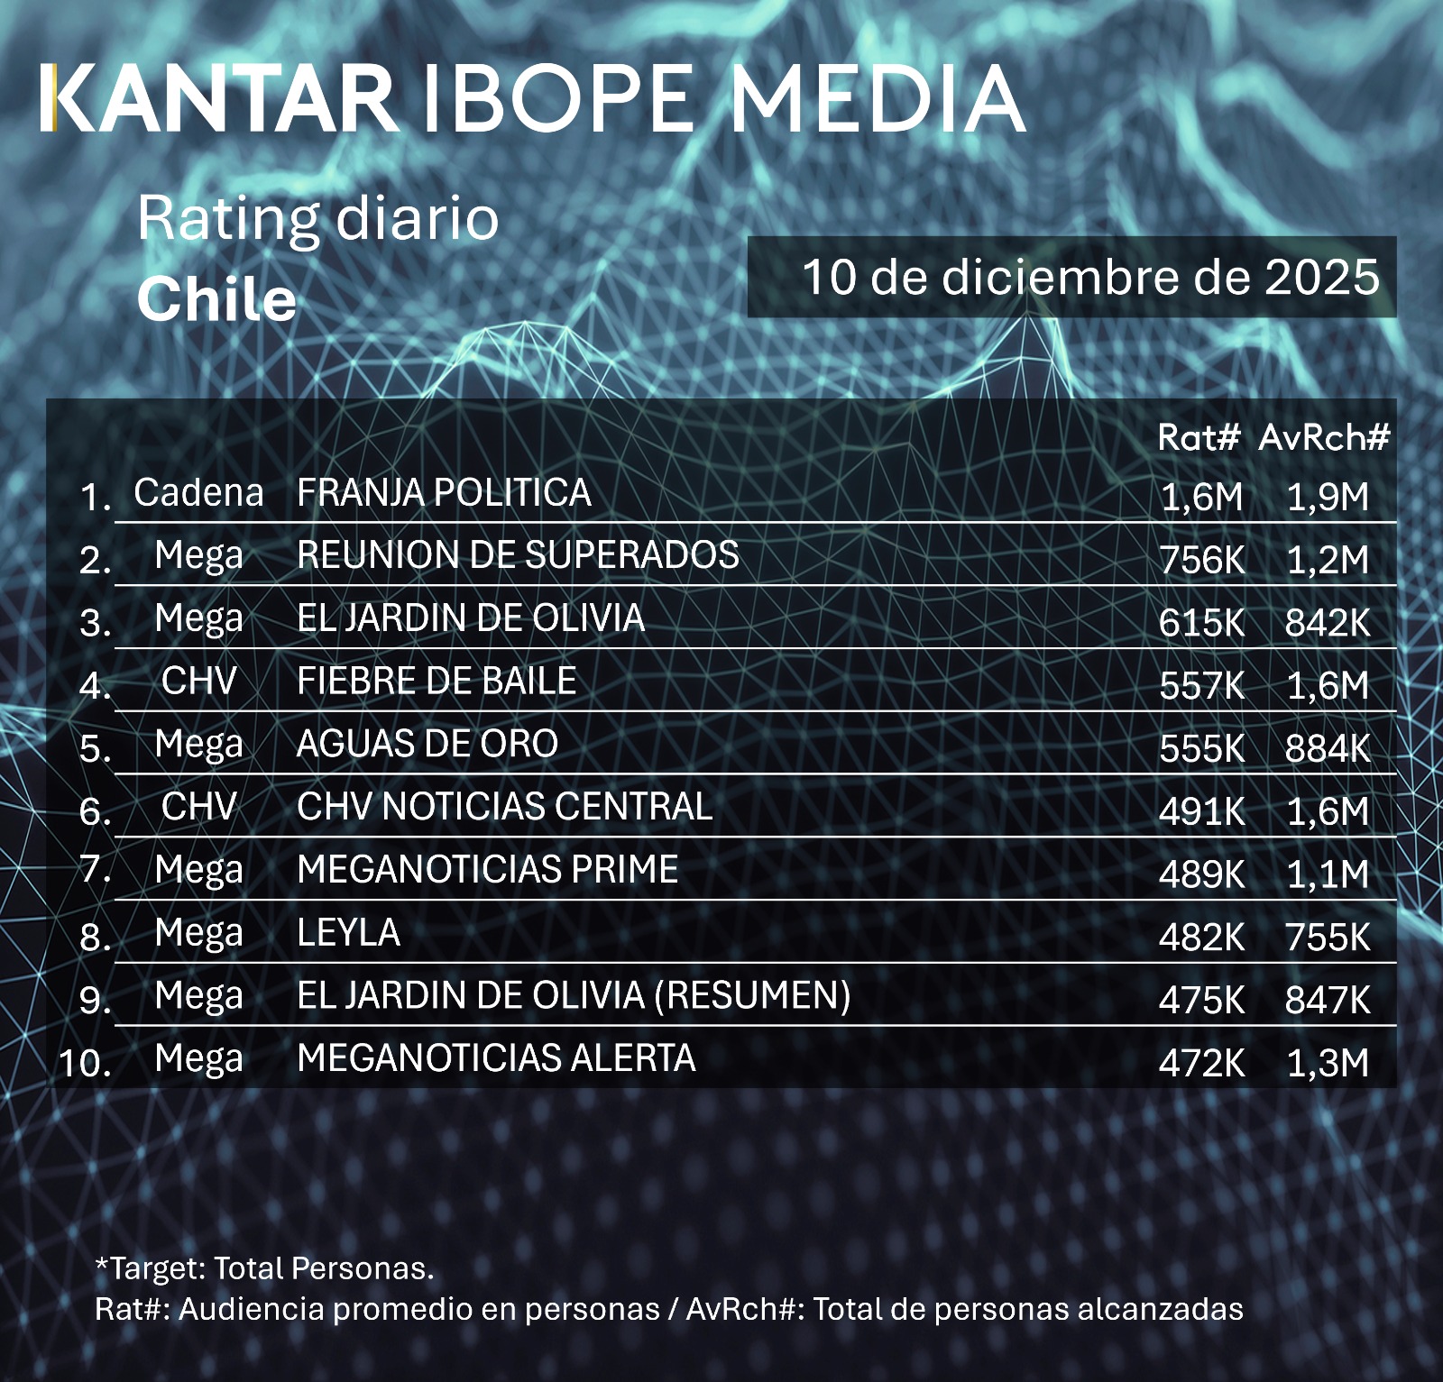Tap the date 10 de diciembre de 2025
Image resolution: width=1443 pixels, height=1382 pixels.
click(1090, 277)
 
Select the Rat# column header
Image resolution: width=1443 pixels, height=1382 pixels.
click(1199, 437)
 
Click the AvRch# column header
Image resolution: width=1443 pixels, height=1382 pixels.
click(1324, 437)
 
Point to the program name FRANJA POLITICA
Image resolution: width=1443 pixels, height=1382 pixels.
click(444, 493)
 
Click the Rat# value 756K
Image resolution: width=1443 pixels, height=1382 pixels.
click(1202, 560)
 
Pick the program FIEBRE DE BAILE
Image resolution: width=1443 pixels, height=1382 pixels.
click(437, 682)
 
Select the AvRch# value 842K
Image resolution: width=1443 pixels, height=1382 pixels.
click(1328, 623)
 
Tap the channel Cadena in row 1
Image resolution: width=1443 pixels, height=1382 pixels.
click(198, 493)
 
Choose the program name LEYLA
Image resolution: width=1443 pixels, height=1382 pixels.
click(348, 933)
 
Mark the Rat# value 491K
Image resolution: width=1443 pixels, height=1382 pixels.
click(1202, 811)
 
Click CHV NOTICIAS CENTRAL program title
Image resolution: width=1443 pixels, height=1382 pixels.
click(504, 807)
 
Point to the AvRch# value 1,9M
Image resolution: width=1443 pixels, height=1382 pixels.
click(1328, 497)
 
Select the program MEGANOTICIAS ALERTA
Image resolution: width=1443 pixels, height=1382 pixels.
click(496, 1058)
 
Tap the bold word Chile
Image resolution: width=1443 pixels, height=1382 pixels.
click(216, 299)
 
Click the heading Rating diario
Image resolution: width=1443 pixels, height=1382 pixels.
click(317, 219)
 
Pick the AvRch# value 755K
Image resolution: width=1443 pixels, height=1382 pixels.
click(1328, 938)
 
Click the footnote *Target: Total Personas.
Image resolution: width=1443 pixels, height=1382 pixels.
click(264, 1268)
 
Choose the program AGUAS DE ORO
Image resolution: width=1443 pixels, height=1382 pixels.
click(427, 745)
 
